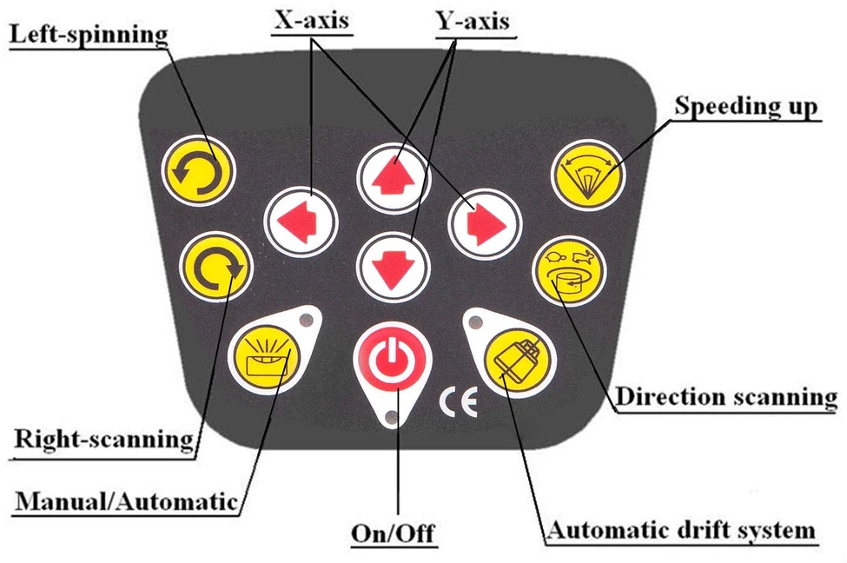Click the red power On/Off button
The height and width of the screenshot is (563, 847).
pyautogui.click(x=393, y=358)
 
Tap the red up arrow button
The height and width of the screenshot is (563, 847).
pyautogui.click(x=394, y=178)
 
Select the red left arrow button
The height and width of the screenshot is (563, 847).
pyautogui.click(x=301, y=222)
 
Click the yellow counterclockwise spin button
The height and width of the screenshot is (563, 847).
pyautogui.click(x=199, y=171)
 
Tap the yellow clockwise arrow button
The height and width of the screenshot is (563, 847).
pyautogui.click(x=216, y=267)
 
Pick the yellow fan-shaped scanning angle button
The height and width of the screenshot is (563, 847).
pyautogui.click(x=588, y=174)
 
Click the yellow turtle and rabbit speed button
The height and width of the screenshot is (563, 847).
pyautogui.click(x=569, y=271)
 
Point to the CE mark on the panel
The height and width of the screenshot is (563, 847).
pyautogui.click(x=459, y=403)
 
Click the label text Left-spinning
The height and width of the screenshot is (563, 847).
pyautogui.click(x=89, y=36)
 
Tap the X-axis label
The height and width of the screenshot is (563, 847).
pyautogui.click(x=312, y=21)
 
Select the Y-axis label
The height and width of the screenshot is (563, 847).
pyautogui.click(x=473, y=22)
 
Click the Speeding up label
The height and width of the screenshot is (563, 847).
pyautogui.click(x=746, y=106)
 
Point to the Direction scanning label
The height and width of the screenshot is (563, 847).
pyautogui.click(x=726, y=397)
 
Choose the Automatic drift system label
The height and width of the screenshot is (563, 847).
pyautogui.click(x=680, y=530)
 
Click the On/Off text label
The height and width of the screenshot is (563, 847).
pyautogui.click(x=393, y=533)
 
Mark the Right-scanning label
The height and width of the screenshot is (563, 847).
pyautogui.click(x=103, y=440)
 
